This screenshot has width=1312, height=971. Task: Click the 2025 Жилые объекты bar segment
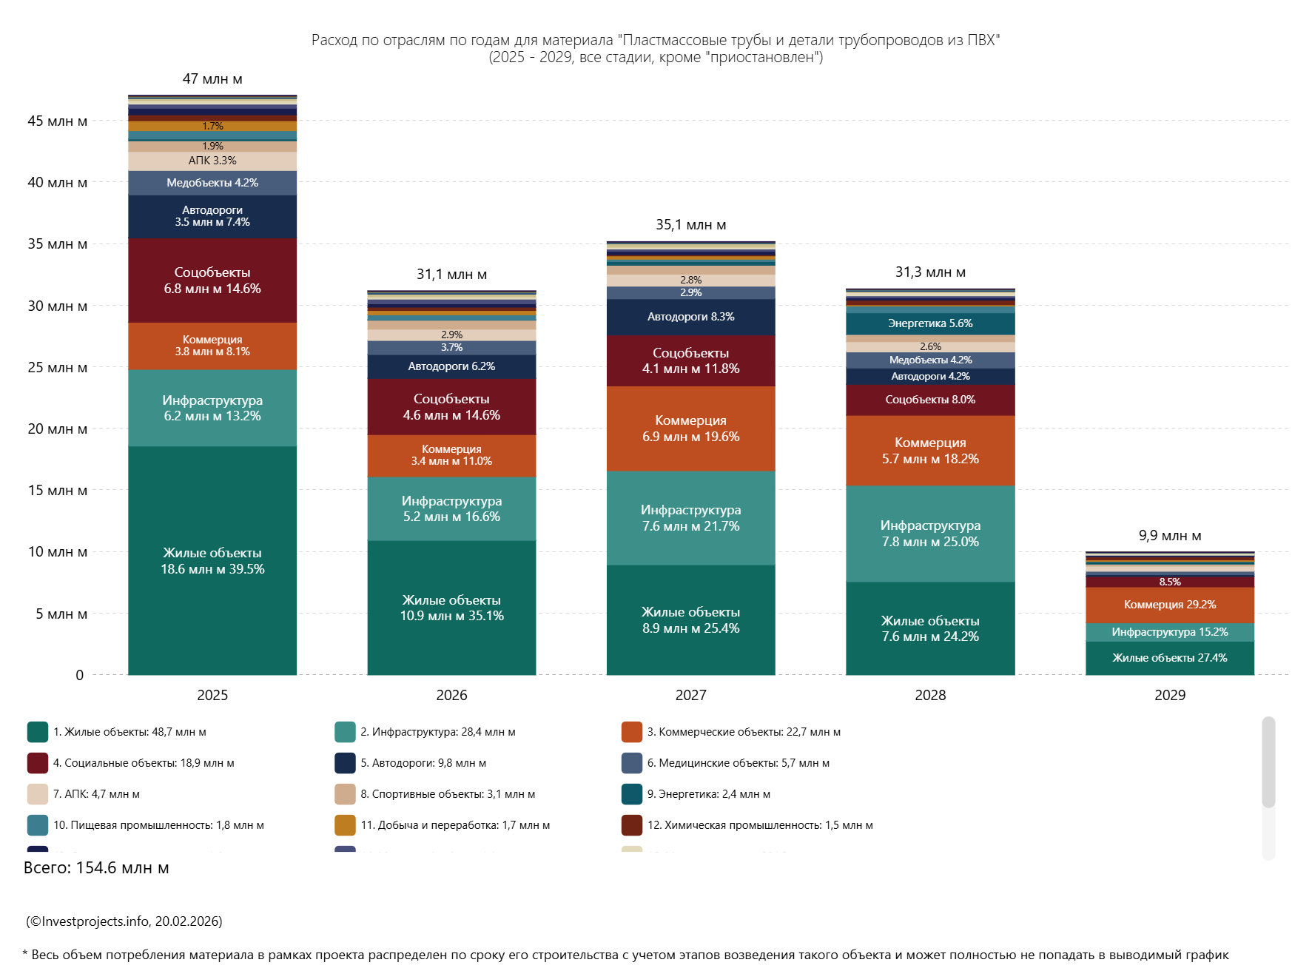pyautogui.click(x=212, y=560)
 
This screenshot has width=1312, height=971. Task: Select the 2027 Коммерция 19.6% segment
pyautogui.click(x=690, y=429)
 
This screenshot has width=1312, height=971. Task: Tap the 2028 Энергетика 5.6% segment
pyautogui.click(x=930, y=323)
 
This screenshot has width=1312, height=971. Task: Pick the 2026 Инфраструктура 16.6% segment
pyautogui.click(x=451, y=508)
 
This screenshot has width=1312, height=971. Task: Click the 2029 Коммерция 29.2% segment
pyautogui.click(x=1169, y=605)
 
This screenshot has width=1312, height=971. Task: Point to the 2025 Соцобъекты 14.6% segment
pyautogui.click(x=212, y=280)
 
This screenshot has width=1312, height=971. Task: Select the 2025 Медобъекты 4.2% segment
pyautogui.click(x=212, y=183)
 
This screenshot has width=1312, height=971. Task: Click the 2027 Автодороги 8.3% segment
pyautogui.click(x=690, y=317)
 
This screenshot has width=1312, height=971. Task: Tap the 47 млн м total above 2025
pyautogui.click(x=212, y=79)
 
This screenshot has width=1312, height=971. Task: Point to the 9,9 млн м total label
pyautogui.click(x=1169, y=536)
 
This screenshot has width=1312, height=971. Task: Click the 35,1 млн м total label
pyautogui.click(x=690, y=225)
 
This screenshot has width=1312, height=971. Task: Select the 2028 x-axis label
pyautogui.click(x=930, y=695)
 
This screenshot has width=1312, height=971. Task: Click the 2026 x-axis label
pyautogui.click(x=451, y=695)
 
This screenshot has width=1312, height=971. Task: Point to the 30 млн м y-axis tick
pyautogui.click(x=58, y=306)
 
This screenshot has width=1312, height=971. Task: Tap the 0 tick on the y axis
pyautogui.click(x=79, y=675)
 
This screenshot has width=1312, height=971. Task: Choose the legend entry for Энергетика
pyautogui.click(x=708, y=794)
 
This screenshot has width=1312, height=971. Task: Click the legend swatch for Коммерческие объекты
pyautogui.click(x=632, y=732)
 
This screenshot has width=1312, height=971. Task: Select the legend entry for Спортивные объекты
pyautogui.click(x=447, y=794)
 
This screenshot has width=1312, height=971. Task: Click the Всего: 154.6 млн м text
pyautogui.click(x=96, y=868)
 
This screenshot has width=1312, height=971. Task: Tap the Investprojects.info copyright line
pyautogui.click(x=124, y=921)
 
